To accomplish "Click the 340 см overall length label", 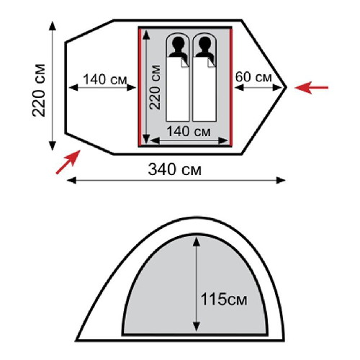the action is [x=174, y=169].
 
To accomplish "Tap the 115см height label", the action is [x=224, y=299].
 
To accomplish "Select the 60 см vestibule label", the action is [x=253, y=77].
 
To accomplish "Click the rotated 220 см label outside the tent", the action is [x=39, y=90].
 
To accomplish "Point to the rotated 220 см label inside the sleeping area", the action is [x=155, y=87].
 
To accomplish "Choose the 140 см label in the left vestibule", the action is [x=105, y=79].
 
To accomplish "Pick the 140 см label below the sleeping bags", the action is [x=189, y=132].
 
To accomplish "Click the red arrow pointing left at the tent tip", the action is [x=311, y=87].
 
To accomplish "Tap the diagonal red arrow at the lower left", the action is [x=68, y=162].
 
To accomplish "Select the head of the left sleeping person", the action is [x=178, y=43].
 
